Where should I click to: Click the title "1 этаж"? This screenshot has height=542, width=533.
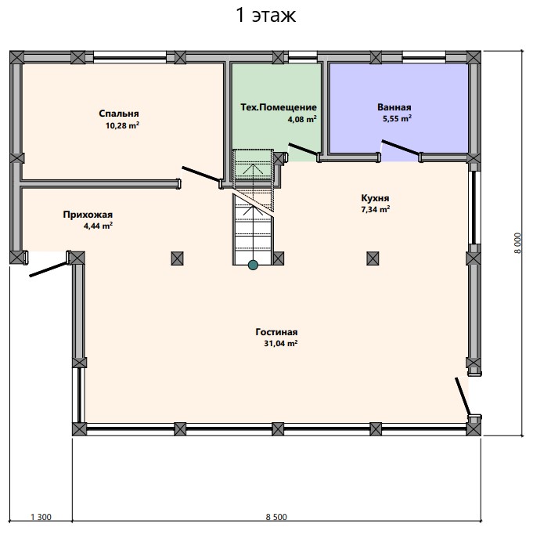click(265, 16)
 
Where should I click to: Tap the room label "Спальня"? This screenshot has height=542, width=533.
click(119, 114)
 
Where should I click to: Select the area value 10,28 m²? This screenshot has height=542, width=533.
click(122, 125)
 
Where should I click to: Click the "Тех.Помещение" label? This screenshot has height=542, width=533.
click(279, 107)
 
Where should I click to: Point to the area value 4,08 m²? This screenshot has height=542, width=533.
click(302, 119)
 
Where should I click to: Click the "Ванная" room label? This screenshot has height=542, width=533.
click(394, 107)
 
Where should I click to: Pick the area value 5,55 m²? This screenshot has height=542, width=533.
click(397, 118)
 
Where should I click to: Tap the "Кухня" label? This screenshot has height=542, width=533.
click(375, 197)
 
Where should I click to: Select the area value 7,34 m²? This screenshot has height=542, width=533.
click(376, 209)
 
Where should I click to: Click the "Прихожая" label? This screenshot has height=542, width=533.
click(88, 215)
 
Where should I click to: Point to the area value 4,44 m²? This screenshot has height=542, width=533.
click(98, 226)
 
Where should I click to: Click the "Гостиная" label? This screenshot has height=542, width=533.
click(276, 332)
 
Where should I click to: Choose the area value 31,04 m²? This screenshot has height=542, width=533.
click(281, 344)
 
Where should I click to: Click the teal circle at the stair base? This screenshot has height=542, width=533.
click(254, 265)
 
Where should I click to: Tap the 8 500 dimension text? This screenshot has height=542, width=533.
click(276, 517)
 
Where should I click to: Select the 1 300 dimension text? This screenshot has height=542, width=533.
click(41, 517)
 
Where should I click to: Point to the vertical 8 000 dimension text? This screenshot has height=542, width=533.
click(517, 244)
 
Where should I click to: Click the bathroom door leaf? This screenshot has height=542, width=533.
click(401, 147)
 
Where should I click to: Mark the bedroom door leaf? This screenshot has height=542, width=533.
click(201, 174)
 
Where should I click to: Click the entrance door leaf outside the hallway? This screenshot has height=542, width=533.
click(49, 269)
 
